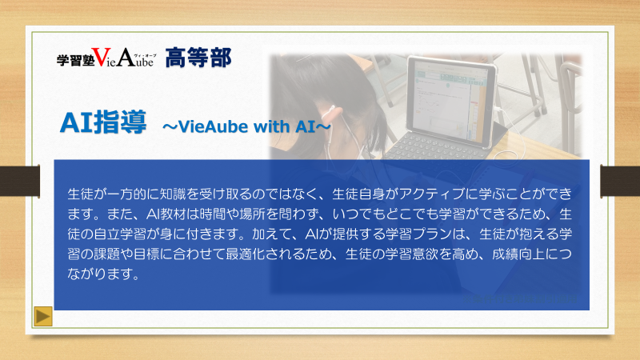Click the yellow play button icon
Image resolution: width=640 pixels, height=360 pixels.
43,316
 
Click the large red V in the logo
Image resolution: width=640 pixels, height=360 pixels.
101,57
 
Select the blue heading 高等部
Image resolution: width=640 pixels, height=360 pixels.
198,58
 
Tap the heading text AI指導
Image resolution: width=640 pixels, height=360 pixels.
103,122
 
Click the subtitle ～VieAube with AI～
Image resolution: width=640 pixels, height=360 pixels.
246,126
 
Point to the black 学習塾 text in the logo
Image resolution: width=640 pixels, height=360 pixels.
75,61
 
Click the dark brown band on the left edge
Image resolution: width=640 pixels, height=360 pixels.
20,182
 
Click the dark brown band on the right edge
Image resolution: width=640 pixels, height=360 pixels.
620,182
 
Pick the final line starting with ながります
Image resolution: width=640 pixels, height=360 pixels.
104,274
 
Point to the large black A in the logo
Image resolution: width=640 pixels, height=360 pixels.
126,57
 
